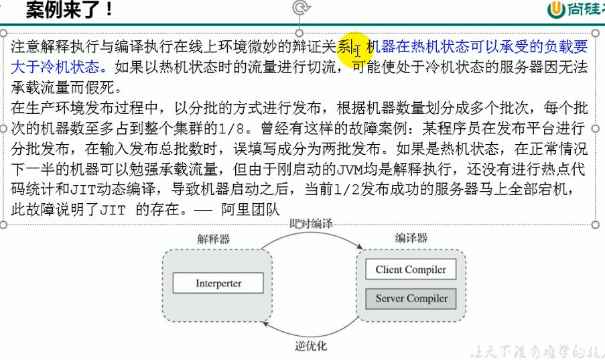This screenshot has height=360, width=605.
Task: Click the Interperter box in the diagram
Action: tap(218, 283)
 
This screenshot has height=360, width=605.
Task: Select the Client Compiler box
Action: tap(410, 269)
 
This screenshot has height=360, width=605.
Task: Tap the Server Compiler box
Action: tap(410, 298)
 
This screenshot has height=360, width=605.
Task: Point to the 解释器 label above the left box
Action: tap(213, 239)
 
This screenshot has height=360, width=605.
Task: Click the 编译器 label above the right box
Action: tap(411, 238)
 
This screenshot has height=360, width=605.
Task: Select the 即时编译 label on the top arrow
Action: tap(311, 223)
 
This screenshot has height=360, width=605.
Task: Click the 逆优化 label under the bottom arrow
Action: tap(311, 347)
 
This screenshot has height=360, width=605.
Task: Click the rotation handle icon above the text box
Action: tap(301, 8)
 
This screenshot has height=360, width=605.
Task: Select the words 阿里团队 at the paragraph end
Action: tap(247, 209)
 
